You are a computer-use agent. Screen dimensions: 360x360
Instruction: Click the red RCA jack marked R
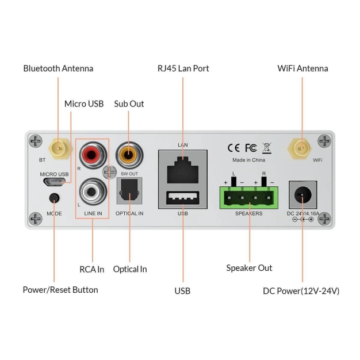point(92,155)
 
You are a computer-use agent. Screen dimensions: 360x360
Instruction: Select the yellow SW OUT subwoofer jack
point(128,154)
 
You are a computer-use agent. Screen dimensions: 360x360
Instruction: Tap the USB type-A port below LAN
point(183,198)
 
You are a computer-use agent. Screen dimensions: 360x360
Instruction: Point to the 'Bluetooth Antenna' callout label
point(58,68)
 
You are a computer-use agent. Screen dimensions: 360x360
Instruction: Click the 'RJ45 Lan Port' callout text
point(183,68)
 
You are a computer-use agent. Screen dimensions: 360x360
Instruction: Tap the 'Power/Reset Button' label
point(60,290)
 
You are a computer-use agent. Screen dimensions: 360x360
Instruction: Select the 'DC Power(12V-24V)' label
point(301,291)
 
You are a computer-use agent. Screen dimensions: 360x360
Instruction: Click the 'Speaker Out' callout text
point(249,268)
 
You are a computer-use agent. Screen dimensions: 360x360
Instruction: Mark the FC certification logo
point(251,147)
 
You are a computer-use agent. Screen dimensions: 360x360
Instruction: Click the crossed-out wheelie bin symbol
point(266,147)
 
